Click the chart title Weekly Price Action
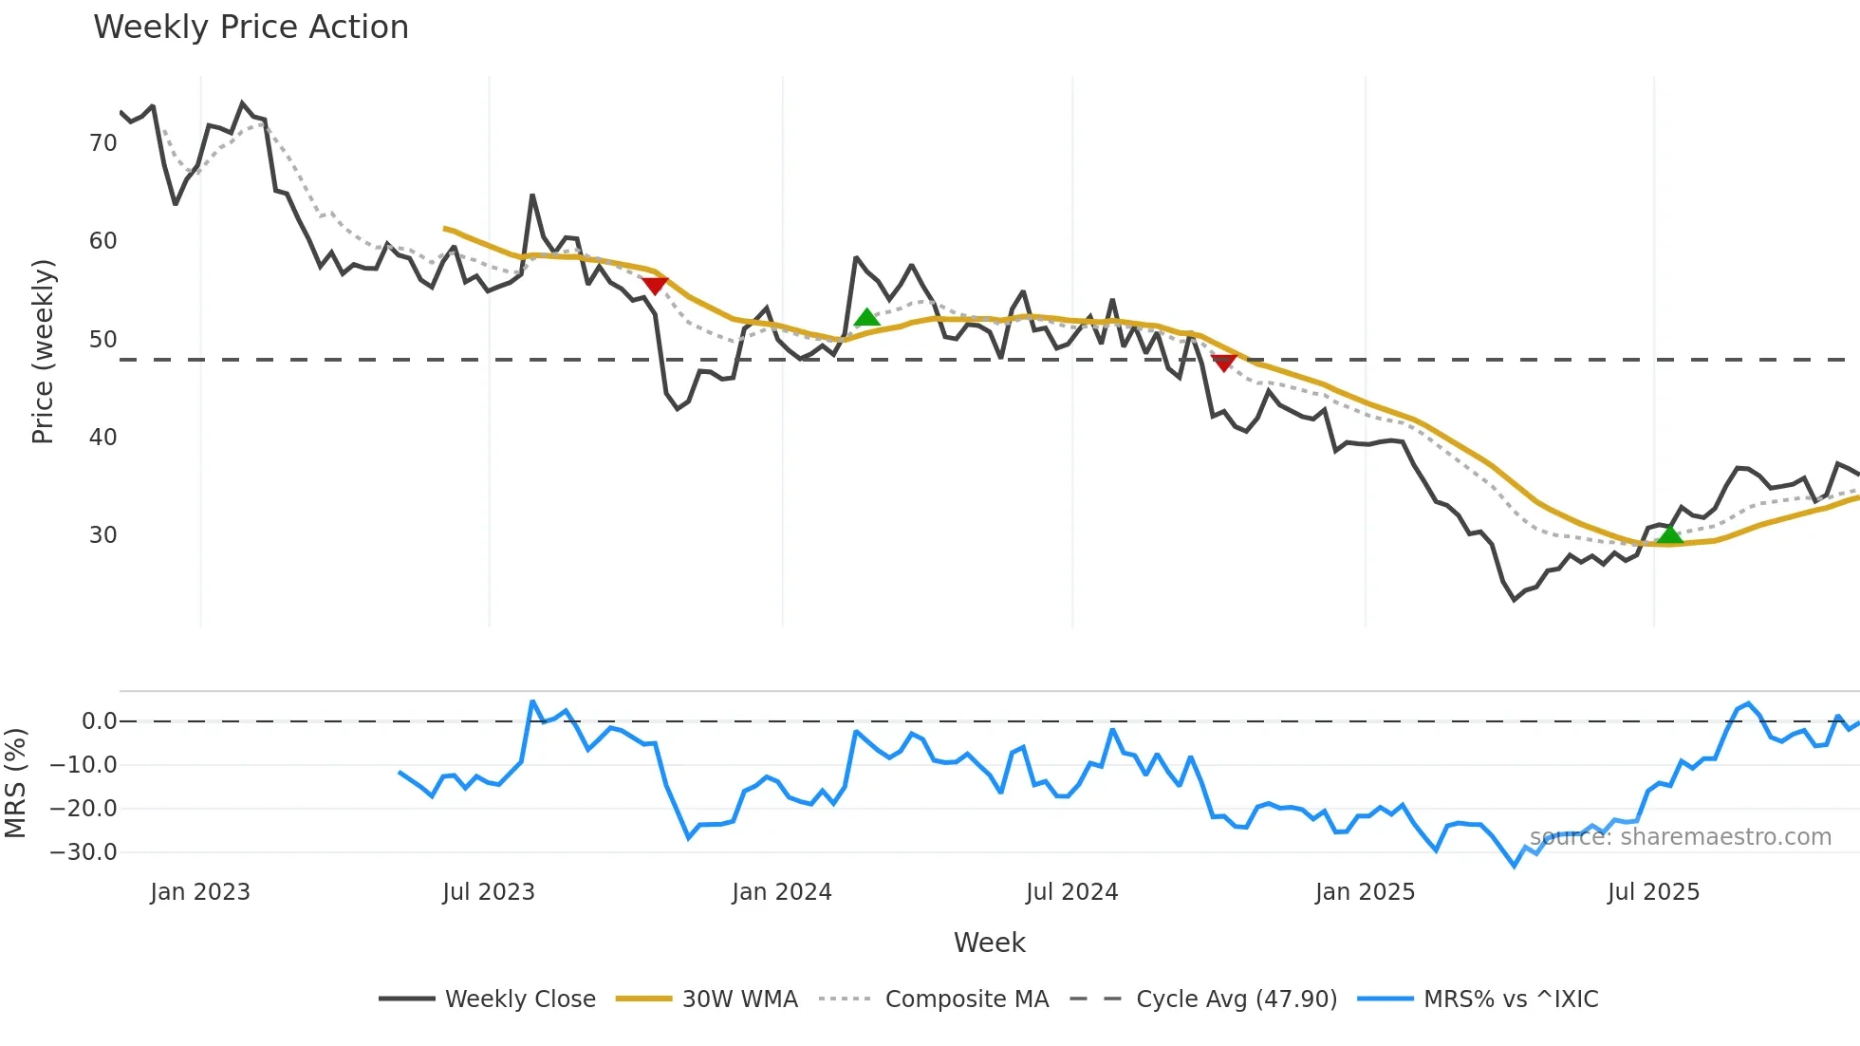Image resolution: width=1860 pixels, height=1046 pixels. pos(251,28)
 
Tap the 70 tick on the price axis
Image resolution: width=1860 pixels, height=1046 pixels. pos(102,143)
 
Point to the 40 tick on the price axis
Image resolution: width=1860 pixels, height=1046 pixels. pos(102,438)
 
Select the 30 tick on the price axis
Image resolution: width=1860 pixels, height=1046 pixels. pos(102,535)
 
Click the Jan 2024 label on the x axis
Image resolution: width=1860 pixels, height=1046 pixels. pos(781,892)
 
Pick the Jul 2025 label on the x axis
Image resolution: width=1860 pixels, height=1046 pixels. pos(1653,892)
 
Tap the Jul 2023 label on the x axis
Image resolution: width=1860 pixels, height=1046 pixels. pos(489,892)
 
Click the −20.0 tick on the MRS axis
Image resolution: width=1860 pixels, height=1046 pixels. pos(84,809)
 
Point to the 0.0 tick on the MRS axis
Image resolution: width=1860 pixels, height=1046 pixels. pos(99,721)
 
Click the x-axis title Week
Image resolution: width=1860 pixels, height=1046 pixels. pos(989,943)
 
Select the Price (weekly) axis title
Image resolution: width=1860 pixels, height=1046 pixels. pos(43,351)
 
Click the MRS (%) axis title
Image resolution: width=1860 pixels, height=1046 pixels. pos(15,783)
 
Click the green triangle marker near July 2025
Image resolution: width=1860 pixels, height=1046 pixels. pos(1669,535)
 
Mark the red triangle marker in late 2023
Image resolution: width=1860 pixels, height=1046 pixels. pos(655,286)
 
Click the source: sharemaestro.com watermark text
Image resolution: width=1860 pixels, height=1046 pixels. pos(1680,837)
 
